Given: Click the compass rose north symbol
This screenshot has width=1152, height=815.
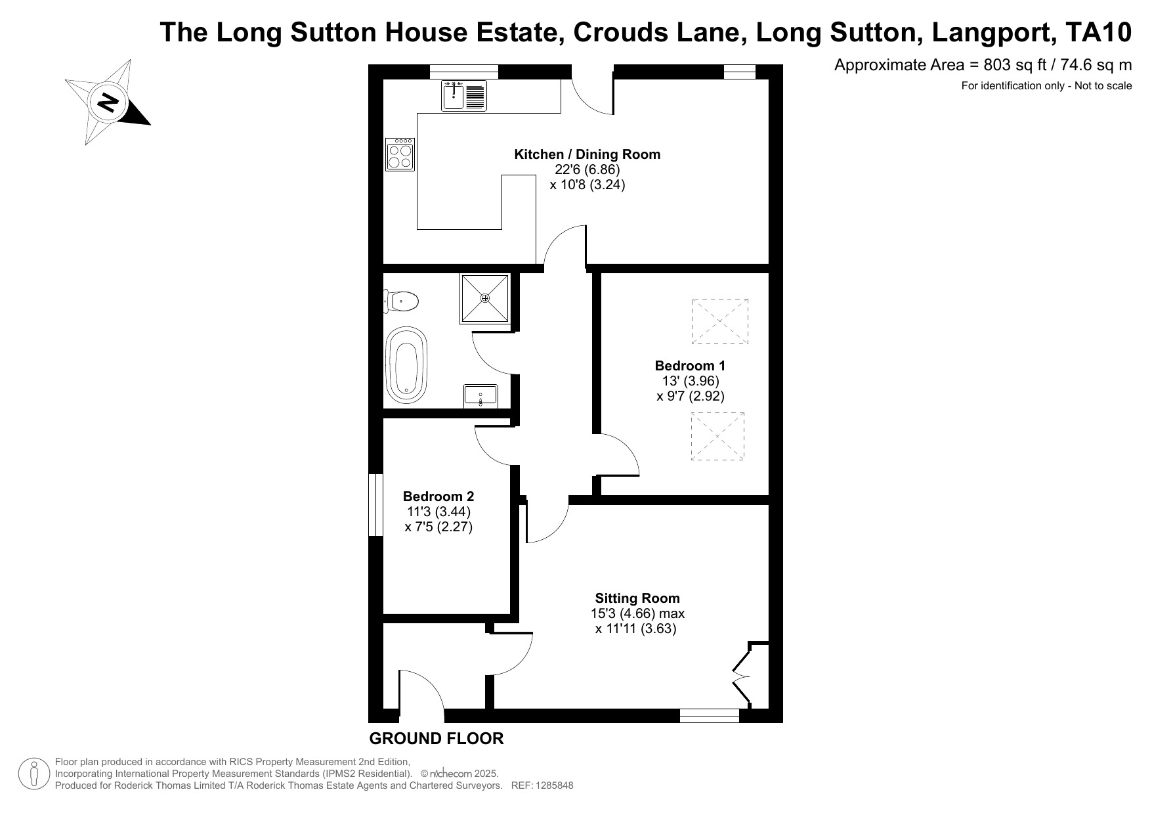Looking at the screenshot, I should pyautogui.click(x=108, y=102).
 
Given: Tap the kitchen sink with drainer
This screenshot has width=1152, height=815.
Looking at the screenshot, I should pyautogui.click(x=463, y=96).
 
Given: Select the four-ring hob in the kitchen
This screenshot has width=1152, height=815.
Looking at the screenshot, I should pyautogui.click(x=400, y=154).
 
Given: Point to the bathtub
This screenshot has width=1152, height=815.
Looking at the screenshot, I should pyautogui.click(x=406, y=365).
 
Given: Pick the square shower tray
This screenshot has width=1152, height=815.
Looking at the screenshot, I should pyautogui.click(x=485, y=299).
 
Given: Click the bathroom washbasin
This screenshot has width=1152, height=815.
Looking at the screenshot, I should pyautogui.click(x=480, y=396).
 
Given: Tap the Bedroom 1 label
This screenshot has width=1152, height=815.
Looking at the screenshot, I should pyautogui.click(x=690, y=366).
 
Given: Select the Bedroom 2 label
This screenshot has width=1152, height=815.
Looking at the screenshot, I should pyautogui.click(x=438, y=496).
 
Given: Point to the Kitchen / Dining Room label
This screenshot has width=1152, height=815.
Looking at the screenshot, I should pyautogui.click(x=587, y=154).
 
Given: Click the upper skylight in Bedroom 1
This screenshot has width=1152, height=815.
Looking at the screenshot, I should pyautogui.click(x=719, y=321).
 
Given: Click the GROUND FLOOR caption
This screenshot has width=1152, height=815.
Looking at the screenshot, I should pyautogui.click(x=437, y=739).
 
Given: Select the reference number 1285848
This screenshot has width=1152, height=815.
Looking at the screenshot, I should pyautogui.click(x=555, y=785).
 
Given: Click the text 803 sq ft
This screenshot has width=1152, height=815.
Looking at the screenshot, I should pyautogui.click(x=1004, y=65).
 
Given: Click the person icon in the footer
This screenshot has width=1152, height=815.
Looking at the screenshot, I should pyautogui.click(x=35, y=774).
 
